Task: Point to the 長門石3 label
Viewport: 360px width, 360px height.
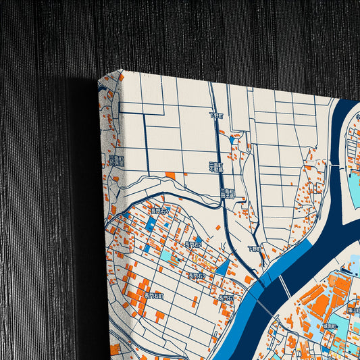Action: tap(197, 276)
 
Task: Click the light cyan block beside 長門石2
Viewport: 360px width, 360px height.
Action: tap(166, 256)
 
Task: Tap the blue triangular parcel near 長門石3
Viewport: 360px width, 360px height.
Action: tap(222, 268)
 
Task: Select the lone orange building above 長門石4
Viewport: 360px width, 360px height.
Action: tap(170, 176)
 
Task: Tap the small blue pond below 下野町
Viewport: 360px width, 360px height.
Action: tap(233, 139)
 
